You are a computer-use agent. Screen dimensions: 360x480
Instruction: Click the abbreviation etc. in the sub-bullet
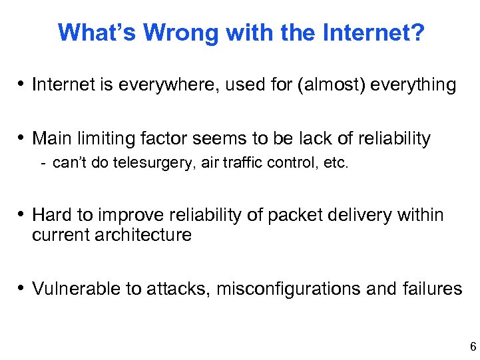pyautogui.click(x=335, y=164)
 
